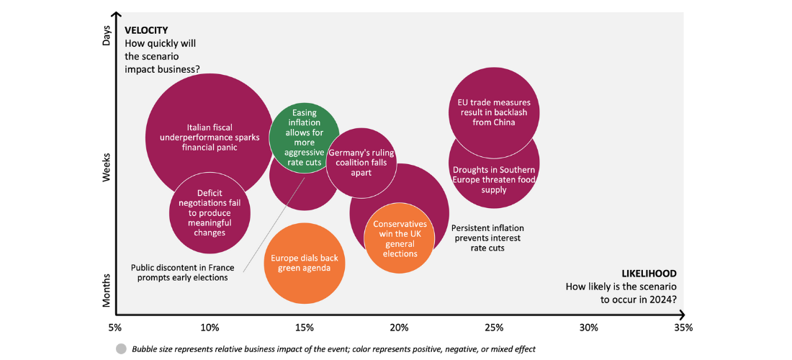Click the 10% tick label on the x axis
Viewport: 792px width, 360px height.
tap(210, 328)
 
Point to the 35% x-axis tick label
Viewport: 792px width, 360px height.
tap(683, 328)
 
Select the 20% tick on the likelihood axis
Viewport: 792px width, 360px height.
tap(399, 328)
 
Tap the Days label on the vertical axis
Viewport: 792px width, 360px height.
tap(107, 37)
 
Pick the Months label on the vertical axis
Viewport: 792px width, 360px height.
tap(107, 290)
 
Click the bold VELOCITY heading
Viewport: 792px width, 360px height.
tap(146, 30)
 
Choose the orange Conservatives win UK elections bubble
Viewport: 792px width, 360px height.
tap(400, 238)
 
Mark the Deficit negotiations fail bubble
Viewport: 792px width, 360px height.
tap(210, 212)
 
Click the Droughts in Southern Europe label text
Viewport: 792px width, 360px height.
tap(494, 180)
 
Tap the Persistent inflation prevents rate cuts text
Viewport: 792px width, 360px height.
tap(486, 238)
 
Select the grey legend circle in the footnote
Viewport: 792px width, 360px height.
tap(121, 348)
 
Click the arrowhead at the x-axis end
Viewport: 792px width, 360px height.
tap(680, 314)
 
